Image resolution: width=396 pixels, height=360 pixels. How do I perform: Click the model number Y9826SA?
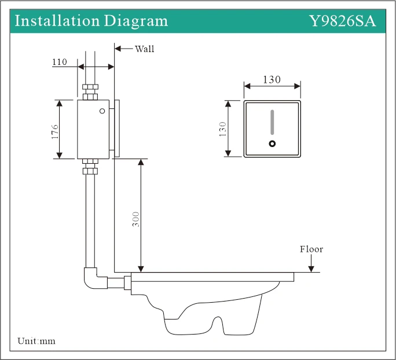(x=343, y=21)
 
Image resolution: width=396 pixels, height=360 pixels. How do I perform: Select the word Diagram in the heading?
(x=136, y=21)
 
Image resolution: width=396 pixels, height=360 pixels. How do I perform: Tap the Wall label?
(x=145, y=49)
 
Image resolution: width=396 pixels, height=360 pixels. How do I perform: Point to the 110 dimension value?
(x=60, y=62)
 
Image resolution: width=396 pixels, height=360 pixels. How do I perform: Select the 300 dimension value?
(x=136, y=218)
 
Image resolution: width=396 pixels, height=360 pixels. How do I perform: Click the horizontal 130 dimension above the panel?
(x=272, y=80)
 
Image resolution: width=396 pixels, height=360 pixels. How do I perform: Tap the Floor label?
(x=311, y=249)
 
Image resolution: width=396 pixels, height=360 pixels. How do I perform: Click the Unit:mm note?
(x=36, y=341)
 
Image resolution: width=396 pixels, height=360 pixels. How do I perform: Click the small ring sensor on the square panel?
(x=272, y=144)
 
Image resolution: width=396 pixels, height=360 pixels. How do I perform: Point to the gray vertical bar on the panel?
(x=272, y=123)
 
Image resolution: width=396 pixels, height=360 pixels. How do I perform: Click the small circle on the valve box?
(x=102, y=111)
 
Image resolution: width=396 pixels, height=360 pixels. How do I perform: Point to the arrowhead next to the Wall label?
(x=118, y=49)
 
